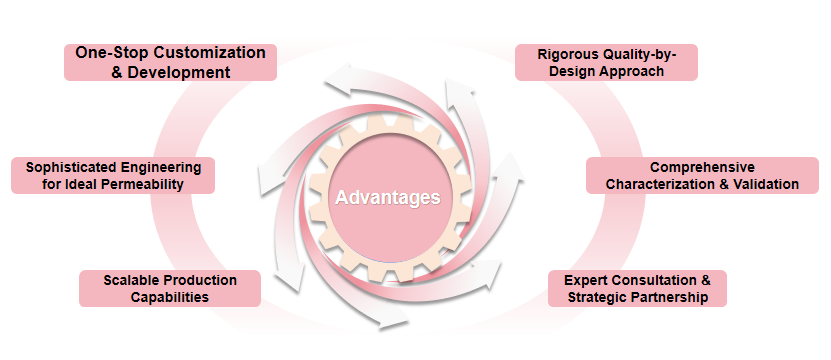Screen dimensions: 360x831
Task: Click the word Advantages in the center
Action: click(388, 197)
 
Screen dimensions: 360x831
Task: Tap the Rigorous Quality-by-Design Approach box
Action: click(606, 61)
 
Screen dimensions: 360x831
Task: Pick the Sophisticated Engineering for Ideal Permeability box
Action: click(113, 175)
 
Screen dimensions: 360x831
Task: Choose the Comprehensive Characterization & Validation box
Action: click(702, 175)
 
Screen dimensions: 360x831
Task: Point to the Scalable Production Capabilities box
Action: click(170, 288)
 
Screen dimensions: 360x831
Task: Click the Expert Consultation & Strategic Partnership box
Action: click(637, 288)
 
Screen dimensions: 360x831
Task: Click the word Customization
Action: click(208, 51)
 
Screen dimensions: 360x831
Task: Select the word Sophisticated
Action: click(73, 166)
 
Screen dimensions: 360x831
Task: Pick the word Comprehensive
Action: click(702, 166)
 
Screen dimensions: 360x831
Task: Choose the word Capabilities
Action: click(170, 297)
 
